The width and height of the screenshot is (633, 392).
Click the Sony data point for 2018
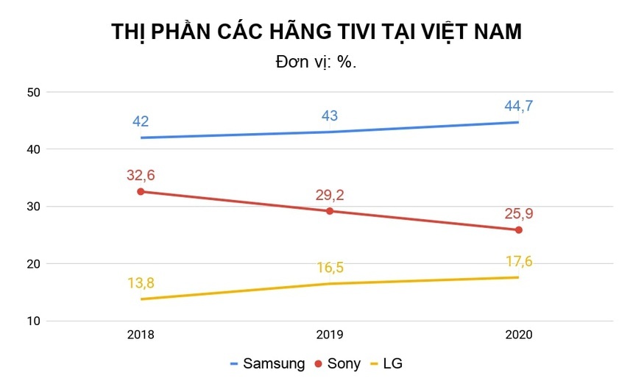click(141, 191)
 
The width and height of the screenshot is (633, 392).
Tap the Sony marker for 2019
click(330, 211)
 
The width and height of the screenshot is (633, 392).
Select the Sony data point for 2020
click(519, 230)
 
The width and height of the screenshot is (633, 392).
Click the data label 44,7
click(519, 106)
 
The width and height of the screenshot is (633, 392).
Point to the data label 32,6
click(141, 175)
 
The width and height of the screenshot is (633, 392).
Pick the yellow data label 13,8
click(141, 282)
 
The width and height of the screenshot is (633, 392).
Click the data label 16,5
click(330, 267)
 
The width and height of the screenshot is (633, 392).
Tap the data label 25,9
click(519, 214)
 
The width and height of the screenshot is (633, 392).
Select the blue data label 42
click(141, 121)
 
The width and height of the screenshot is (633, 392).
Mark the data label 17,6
click(519, 261)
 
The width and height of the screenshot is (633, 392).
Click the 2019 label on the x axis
click(330, 335)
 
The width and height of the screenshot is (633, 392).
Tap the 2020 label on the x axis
click(519, 335)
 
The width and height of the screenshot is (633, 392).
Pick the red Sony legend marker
click(319, 363)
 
